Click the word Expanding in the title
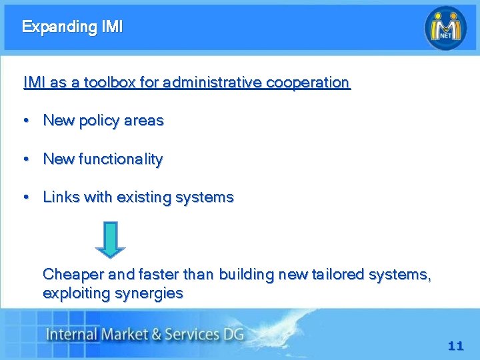59,27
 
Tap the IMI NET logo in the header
446,27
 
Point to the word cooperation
307,83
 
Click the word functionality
121,159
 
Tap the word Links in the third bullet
61,197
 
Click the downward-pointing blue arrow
110,239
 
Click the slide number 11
455,346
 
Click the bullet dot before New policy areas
25,121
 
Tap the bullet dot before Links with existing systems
25,197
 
